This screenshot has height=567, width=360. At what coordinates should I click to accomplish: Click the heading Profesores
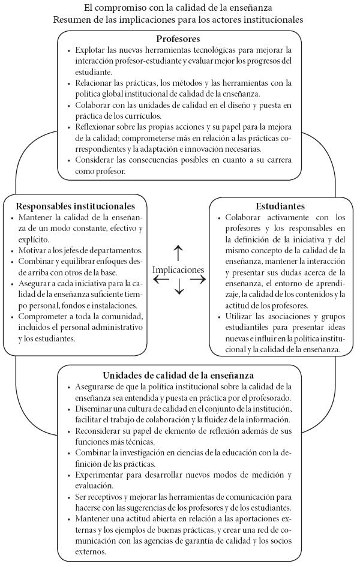point(178,39)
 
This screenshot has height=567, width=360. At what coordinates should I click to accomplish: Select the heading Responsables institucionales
point(75,206)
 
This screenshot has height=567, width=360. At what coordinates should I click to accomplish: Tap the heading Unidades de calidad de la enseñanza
point(178,375)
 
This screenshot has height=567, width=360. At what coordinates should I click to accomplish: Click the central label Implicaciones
point(178,270)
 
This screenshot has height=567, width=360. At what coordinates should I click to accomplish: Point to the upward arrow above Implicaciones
point(178,251)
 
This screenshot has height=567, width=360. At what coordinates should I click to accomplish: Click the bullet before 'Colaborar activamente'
point(219,218)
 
